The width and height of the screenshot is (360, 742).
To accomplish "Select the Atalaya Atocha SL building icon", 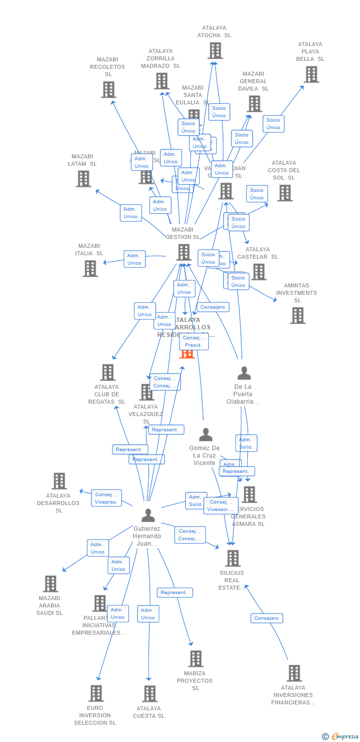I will [x=215, y=50].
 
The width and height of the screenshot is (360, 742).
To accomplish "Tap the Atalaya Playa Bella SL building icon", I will [x=311, y=74].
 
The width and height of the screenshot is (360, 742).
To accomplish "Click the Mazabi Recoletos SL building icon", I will [x=108, y=90].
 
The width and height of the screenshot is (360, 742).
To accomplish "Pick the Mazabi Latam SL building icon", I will [x=83, y=179].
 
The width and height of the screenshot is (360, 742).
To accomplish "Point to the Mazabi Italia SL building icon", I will [x=90, y=268].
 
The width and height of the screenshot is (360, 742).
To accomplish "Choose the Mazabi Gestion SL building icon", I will [x=183, y=252].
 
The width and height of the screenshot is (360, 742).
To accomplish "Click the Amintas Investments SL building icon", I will [x=297, y=315].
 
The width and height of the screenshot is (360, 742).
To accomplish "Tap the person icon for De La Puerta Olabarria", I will [x=244, y=373].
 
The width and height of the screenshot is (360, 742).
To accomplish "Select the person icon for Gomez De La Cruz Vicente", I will [x=205, y=435].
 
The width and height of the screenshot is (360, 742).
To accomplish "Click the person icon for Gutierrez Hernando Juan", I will [x=148, y=515].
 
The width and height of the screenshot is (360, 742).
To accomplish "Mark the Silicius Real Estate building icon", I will [x=232, y=558].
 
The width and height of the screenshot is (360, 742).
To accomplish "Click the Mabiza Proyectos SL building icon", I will [x=196, y=658].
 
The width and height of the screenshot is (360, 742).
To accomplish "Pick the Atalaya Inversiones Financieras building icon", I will [x=294, y=673].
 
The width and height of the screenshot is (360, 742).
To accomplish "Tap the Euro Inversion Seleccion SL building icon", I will [x=96, y=693].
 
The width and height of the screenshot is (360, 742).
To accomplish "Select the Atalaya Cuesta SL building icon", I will [x=150, y=694].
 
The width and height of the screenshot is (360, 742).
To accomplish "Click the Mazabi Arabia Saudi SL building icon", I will [x=50, y=584].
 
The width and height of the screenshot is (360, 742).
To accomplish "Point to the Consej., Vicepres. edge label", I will [x=106, y=498].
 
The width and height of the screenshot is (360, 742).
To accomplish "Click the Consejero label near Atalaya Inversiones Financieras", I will [x=267, y=618].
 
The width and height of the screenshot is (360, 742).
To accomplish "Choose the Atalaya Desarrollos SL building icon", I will [x=59, y=481].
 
